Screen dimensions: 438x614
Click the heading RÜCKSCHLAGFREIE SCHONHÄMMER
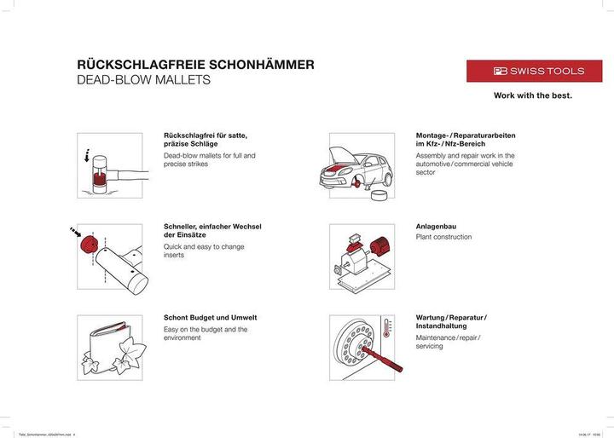point(196,64)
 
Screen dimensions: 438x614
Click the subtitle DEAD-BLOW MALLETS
point(143,81)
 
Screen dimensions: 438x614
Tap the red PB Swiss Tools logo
point(536,71)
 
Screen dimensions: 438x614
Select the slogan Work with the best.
point(533,95)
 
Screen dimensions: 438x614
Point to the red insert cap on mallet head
point(86,244)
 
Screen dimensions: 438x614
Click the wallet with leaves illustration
point(109,346)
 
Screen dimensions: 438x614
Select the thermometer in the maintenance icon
point(386,329)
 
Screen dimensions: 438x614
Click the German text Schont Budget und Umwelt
point(210,318)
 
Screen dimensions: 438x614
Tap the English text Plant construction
point(443,238)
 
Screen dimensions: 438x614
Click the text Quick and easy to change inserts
point(204,251)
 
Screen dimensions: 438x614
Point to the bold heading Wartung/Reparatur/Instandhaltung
point(450,322)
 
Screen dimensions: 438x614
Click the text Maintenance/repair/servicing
point(448,342)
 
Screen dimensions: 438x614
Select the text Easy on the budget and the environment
point(206,333)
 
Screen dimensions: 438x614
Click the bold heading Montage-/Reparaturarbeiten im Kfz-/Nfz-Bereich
point(465,141)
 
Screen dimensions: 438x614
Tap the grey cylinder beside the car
point(379,197)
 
